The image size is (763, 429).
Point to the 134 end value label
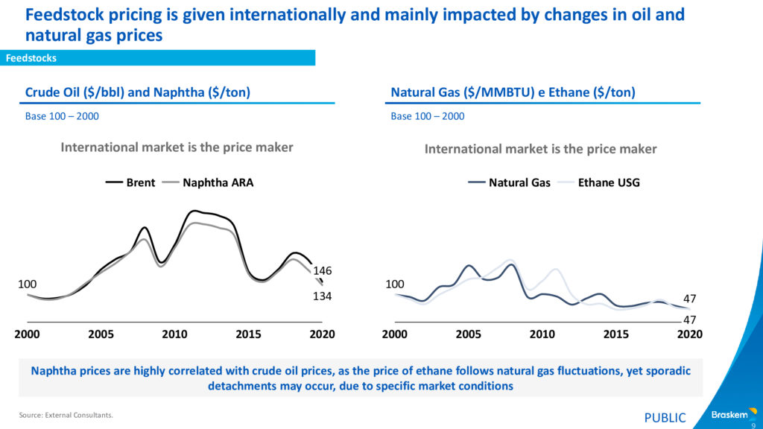[x=321, y=296]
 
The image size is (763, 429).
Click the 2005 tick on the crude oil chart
[x=101, y=334]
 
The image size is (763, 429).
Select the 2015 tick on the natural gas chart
[x=616, y=334]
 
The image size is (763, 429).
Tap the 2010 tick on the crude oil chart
[x=175, y=334]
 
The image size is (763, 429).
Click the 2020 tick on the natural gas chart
[x=690, y=334]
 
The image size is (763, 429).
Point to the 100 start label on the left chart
[x=27, y=284]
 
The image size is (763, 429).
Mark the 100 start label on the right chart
[x=393, y=284]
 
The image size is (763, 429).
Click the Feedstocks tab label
[x=31, y=58]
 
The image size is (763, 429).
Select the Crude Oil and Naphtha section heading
[x=138, y=92]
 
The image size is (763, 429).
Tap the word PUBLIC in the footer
[x=665, y=418]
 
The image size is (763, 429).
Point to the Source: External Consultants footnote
[x=66, y=415]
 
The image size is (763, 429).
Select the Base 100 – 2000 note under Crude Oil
[x=62, y=116]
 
